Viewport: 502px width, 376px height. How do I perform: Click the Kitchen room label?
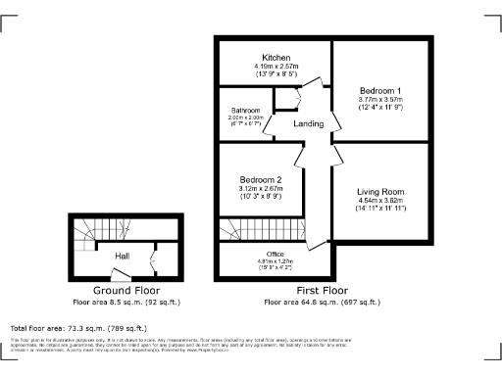click(274, 57)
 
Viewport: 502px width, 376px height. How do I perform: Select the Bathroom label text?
click(245, 111)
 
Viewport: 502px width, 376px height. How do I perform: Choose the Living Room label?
click(380, 191)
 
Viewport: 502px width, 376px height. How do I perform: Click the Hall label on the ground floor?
click(123, 257)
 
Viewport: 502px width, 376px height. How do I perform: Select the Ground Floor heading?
click(126, 292)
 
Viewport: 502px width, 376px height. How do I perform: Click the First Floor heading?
click(322, 292)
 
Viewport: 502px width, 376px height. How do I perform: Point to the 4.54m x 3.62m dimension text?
click(380, 201)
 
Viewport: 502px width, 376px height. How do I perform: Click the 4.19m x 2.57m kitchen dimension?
click(274, 67)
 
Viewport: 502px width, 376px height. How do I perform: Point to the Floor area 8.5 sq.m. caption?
click(126, 303)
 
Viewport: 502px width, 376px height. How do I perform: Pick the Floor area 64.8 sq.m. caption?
click(322, 303)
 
